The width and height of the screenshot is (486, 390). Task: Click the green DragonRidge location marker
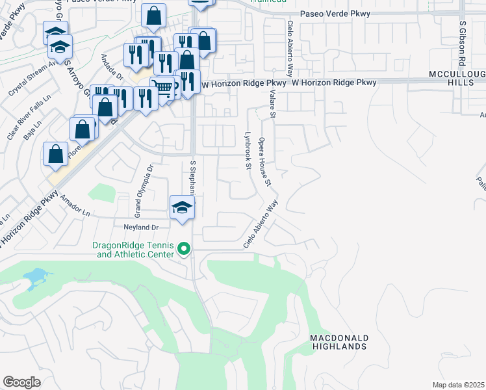pos(184,248)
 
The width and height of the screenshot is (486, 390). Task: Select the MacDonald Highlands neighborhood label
pos(339,343)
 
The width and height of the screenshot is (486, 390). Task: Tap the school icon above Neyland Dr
pos(183,207)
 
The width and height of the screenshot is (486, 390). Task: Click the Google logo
pos(21,382)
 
